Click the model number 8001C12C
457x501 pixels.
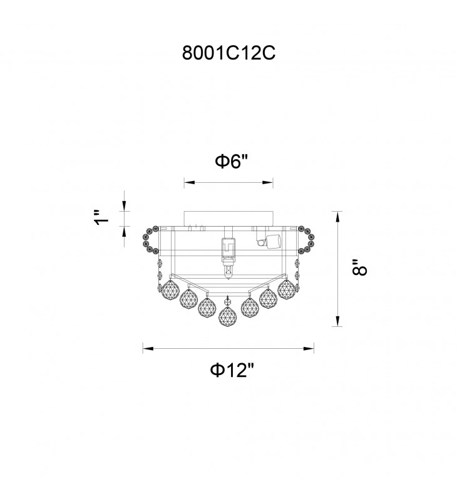[x=228, y=53]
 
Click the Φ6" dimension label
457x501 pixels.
[x=232, y=162]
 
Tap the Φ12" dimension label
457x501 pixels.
[x=232, y=370]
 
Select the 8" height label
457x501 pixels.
[x=360, y=267]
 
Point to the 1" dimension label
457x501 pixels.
[x=101, y=217]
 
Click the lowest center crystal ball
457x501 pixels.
[x=228, y=316]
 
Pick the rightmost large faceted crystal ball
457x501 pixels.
[x=287, y=289]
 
